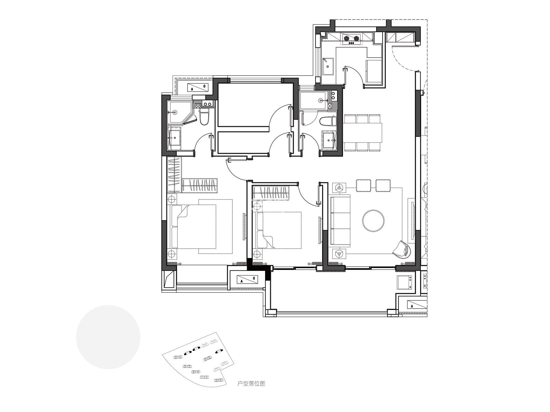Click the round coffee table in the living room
click(373, 220)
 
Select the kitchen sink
click(328, 66)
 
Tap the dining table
click(363, 133)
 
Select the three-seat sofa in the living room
click(340, 220)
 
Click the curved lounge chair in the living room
click(402, 249)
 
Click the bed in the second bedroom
click(279, 230)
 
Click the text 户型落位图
click(251, 383)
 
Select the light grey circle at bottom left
click(108, 337)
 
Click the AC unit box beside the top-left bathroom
click(198, 87)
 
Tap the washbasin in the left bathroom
click(175, 137)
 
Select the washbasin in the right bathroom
click(329, 140)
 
